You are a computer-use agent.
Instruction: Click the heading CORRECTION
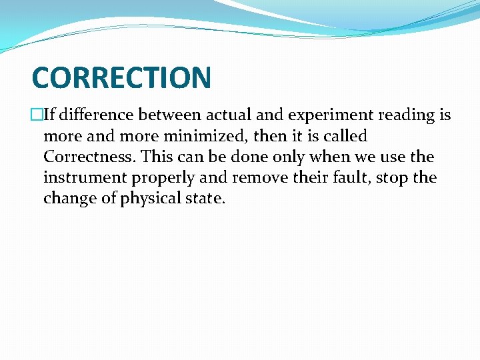[x=121, y=77]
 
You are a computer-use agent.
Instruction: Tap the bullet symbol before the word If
[x=37, y=115]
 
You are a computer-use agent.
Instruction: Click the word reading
[x=407, y=116]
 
